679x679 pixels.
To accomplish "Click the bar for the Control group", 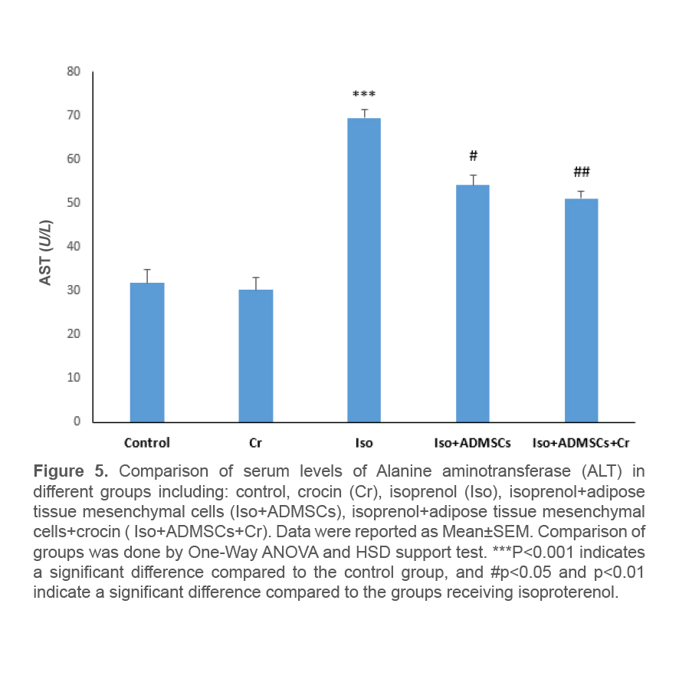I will (147, 353).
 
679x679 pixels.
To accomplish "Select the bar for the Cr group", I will (256, 356).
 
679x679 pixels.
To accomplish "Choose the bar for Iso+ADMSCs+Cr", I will (582, 310).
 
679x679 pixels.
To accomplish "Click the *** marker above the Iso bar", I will (364, 95).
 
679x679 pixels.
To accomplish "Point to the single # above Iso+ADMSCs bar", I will (473, 156).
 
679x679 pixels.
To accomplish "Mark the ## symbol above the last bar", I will (582, 172).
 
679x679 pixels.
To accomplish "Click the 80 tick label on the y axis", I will (74, 71).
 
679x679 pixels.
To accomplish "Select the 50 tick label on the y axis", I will (74, 202).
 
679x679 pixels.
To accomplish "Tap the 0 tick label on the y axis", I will (77, 421).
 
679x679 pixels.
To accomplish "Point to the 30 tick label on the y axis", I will (74, 290).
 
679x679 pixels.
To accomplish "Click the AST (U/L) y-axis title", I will (47, 252).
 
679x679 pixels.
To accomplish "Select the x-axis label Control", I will (147, 443).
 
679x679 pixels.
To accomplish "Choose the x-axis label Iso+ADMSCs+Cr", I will (582, 443).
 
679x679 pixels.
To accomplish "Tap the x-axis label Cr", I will (256, 443).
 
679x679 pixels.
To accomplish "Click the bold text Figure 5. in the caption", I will (72, 470).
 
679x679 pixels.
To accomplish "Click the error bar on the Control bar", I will (147, 276).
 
